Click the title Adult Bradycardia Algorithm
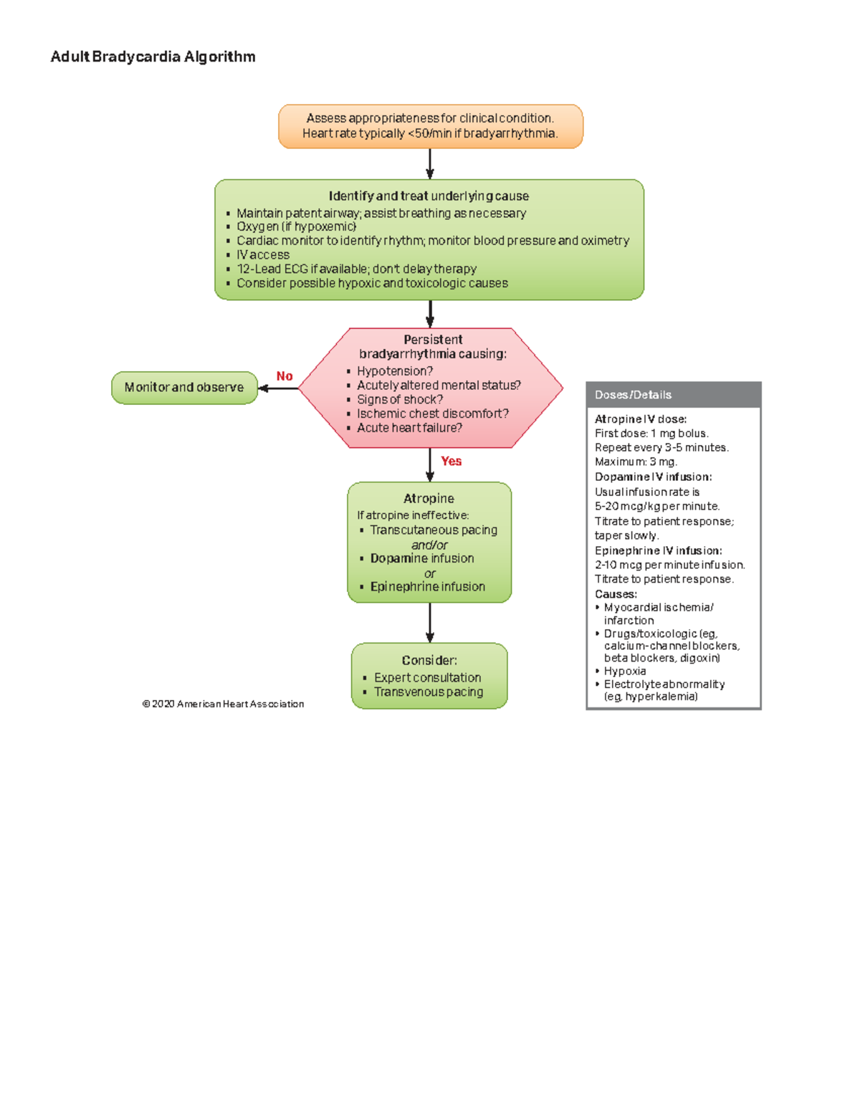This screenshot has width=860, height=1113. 153,57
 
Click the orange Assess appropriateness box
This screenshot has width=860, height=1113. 430,126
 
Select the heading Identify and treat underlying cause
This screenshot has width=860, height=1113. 429,196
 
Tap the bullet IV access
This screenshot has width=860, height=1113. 263,254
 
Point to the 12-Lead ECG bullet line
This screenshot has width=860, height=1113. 356,269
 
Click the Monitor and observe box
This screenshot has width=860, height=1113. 184,387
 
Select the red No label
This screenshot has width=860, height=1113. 285,376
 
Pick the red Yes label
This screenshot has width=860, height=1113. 451,461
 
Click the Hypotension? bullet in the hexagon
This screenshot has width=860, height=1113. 395,371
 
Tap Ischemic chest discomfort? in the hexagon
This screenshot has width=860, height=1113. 433,414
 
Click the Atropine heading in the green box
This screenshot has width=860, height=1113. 429,498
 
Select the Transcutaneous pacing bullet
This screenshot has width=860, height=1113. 433,530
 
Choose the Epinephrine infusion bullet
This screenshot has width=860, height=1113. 427,586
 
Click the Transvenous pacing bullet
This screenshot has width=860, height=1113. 428,692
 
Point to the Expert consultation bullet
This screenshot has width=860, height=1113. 427,677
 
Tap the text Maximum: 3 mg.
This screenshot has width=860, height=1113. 636,462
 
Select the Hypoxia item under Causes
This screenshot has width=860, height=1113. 625,671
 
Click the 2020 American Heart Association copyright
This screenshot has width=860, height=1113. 223,704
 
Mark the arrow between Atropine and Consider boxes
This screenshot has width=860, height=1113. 430,622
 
